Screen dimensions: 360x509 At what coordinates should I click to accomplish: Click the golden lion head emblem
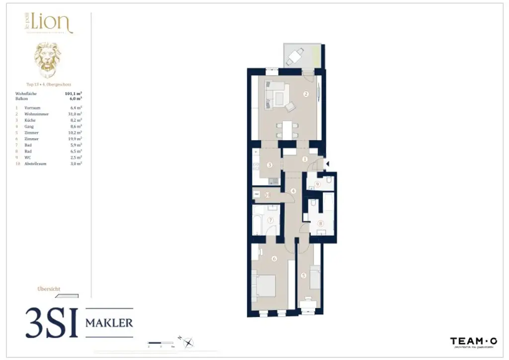point(48,60)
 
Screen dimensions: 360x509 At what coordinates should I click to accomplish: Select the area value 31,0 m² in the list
point(75,114)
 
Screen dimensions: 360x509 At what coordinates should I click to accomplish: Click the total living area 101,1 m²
point(74,93)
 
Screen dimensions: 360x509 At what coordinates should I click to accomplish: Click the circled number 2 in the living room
point(306,94)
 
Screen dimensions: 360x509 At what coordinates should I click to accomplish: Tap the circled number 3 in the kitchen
point(269,165)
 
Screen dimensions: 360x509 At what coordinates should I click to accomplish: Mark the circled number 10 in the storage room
point(267,195)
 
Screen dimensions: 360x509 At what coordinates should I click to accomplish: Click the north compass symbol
point(188,342)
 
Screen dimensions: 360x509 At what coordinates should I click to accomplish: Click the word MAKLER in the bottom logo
point(109,323)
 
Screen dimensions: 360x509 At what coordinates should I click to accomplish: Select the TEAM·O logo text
point(473,341)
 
